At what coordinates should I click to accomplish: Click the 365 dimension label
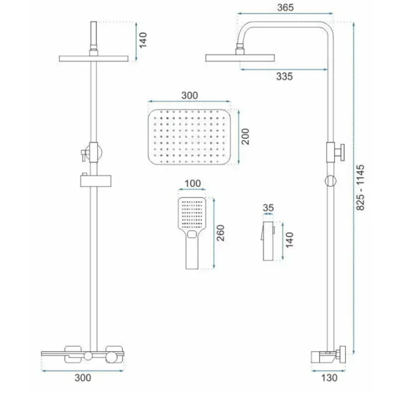click(x=285, y=7)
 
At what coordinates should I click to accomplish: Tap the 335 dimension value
click(x=284, y=76)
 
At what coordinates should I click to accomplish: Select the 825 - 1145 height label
click(x=360, y=187)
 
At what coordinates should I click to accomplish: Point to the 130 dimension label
click(x=329, y=378)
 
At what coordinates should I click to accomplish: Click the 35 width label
click(x=268, y=208)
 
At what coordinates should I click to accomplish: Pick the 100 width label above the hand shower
click(x=193, y=183)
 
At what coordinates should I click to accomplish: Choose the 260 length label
click(x=220, y=233)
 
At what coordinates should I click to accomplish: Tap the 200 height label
click(x=245, y=136)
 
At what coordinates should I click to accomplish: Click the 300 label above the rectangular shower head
click(x=190, y=95)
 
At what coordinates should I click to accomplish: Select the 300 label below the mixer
click(x=83, y=378)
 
